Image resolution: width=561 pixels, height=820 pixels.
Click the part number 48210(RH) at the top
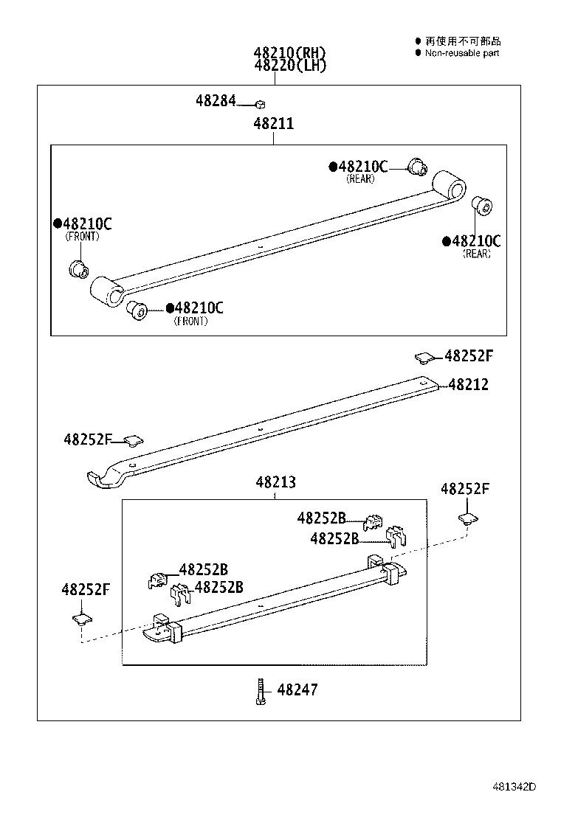[x=289, y=53]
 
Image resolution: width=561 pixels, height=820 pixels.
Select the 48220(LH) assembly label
[x=289, y=65]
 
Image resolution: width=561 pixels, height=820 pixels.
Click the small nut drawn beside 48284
[x=261, y=105]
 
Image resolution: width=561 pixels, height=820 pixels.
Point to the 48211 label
[x=273, y=124]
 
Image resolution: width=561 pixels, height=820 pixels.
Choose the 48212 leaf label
[x=468, y=385]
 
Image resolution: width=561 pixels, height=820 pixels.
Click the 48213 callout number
[x=275, y=482]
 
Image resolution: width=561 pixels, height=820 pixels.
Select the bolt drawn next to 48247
[x=261, y=691]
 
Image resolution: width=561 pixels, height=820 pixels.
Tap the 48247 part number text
[x=297, y=690]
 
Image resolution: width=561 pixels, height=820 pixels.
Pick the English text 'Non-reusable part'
[x=462, y=53]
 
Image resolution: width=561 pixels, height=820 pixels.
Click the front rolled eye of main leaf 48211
[x=106, y=292]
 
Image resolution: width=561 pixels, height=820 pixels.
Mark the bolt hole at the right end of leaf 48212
[x=422, y=382]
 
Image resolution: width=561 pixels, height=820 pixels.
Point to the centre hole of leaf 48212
[x=261, y=428]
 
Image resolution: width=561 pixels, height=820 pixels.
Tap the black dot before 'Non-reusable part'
[x=418, y=53]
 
